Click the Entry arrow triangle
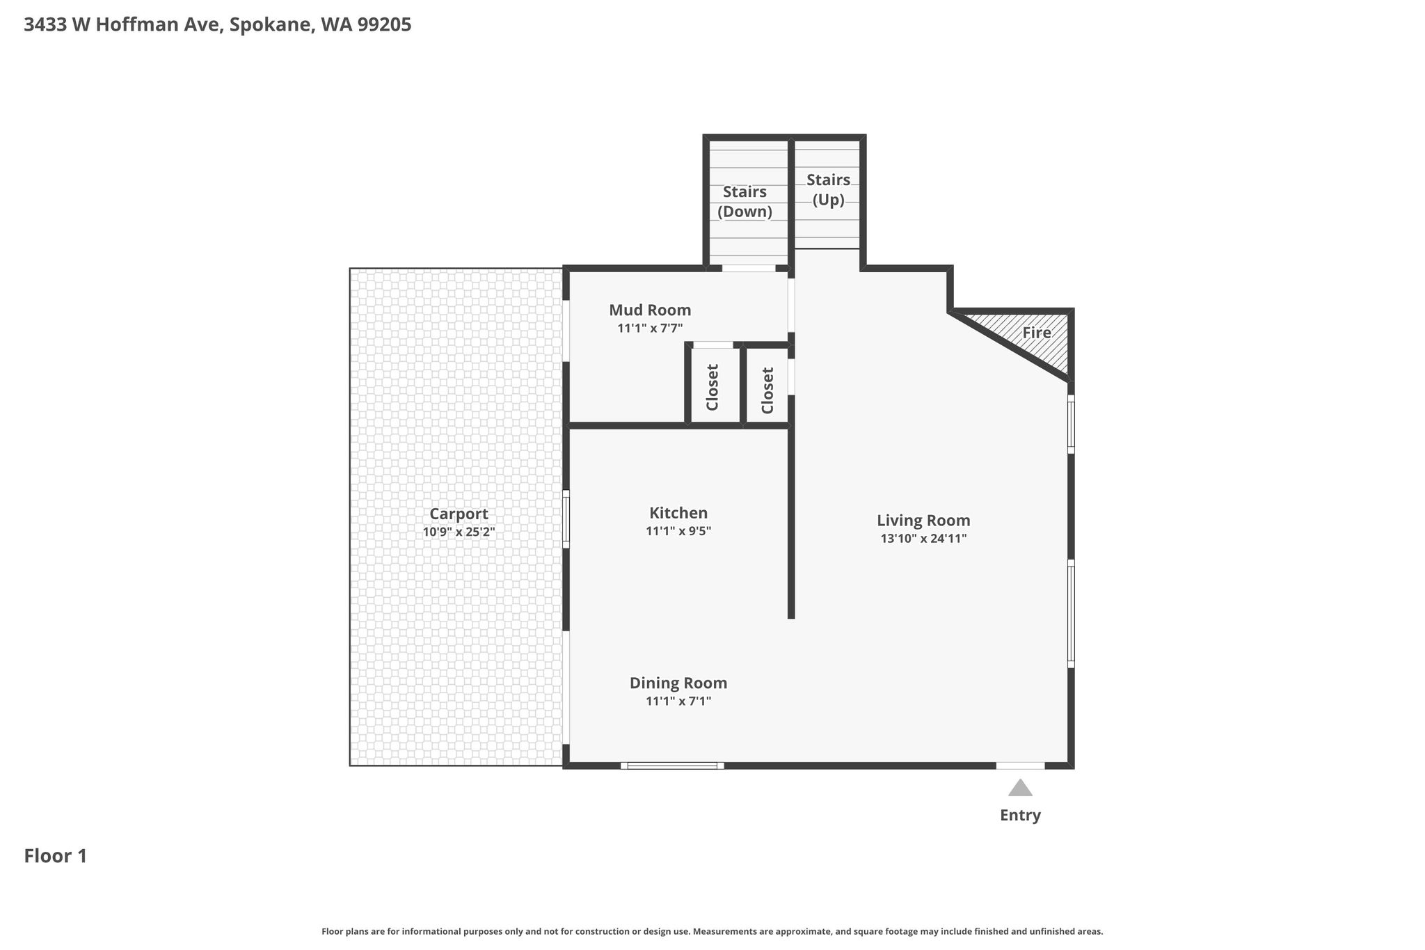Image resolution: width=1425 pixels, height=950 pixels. (x=1020, y=788)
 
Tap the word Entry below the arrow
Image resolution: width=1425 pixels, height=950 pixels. (x=1020, y=816)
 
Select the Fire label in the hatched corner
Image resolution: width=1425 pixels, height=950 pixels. (x=1037, y=333)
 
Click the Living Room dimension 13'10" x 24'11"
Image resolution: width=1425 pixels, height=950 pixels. (x=923, y=538)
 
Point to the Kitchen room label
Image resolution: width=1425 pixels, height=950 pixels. (x=678, y=513)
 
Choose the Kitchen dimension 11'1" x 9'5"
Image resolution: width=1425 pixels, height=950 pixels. (x=678, y=531)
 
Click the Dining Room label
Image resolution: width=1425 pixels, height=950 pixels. (x=678, y=683)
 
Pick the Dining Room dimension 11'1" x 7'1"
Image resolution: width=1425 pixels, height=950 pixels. (x=678, y=701)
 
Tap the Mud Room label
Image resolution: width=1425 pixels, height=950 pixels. (x=650, y=310)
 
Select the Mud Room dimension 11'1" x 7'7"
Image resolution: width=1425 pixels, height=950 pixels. (x=650, y=328)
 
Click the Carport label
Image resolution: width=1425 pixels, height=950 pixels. (x=459, y=514)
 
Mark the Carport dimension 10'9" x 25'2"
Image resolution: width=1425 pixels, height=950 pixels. (x=459, y=532)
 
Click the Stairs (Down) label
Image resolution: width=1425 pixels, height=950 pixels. (x=745, y=201)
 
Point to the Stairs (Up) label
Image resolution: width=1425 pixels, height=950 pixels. (x=828, y=189)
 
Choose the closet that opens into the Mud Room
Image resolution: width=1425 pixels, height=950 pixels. (x=712, y=387)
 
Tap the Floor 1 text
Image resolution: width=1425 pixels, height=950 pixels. (x=56, y=855)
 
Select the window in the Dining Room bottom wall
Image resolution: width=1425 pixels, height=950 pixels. (x=672, y=766)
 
